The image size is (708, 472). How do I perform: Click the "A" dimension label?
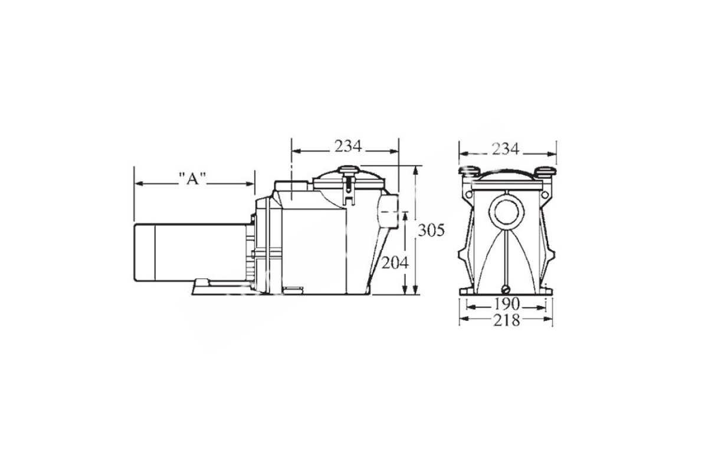(192, 179)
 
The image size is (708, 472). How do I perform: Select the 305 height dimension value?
(431, 231)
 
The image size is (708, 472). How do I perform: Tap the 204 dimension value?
(395, 263)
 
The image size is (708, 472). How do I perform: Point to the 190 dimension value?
(507, 304)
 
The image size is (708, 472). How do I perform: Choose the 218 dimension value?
(506, 320)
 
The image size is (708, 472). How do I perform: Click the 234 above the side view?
(348, 146)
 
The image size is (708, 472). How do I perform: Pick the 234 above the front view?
(506, 149)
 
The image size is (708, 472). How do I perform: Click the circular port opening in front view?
(506, 212)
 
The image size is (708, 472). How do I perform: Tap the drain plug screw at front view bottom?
(506, 289)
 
